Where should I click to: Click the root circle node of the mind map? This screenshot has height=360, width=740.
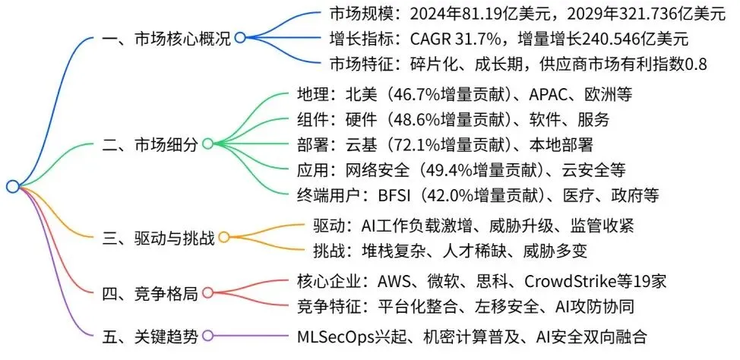(x=12, y=186)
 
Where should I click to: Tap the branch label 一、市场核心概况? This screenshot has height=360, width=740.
(x=166, y=37)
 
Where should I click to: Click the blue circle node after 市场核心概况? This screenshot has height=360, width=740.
(x=240, y=37)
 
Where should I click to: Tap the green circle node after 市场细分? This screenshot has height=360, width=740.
(x=207, y=144)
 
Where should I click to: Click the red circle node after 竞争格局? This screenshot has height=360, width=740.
(x=207, y=293)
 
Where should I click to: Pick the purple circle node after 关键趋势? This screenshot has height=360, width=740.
(x=207, y=335)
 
